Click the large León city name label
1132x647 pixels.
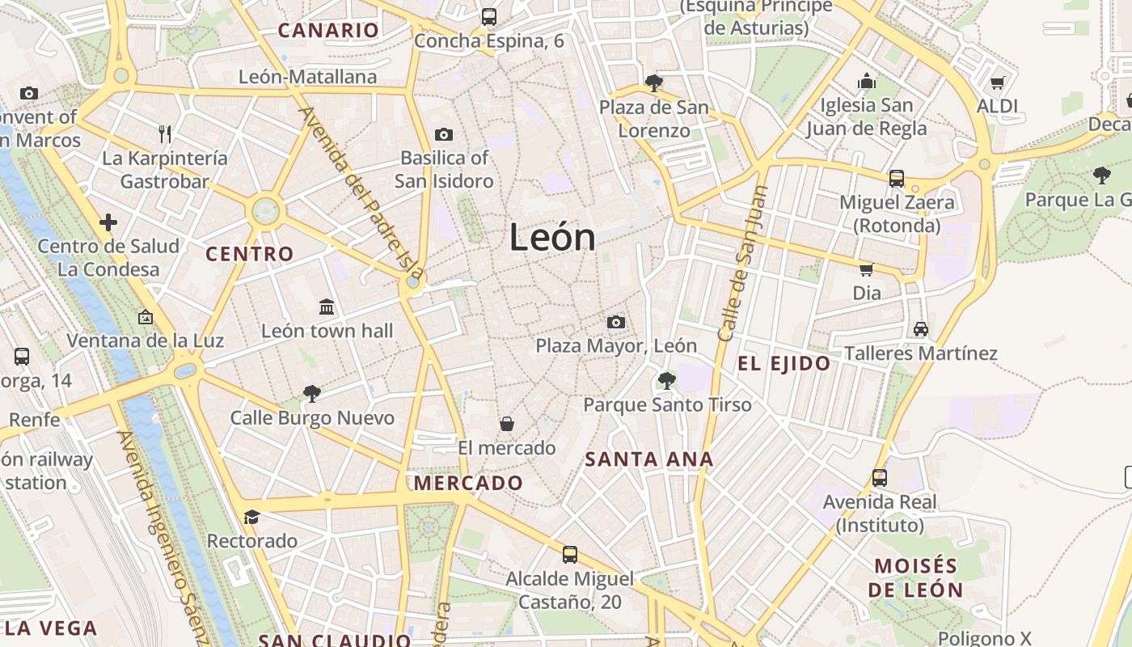click(553, 238)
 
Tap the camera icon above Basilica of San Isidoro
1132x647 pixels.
click(443, 134)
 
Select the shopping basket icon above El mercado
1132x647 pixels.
click(507, 423)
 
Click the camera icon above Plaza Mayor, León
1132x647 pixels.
click(616, 322)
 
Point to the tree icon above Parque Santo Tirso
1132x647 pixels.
click(667, 380)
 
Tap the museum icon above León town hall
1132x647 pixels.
click(327, 307)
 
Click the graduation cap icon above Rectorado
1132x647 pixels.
click(251, 517)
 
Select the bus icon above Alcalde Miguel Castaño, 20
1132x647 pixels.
click(570, 555)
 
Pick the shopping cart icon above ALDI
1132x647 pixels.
click(997, 82)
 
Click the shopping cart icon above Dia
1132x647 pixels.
click(866, 269)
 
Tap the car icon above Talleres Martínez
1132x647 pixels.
click(920, 329)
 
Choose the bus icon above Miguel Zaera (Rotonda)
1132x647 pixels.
click(896, 178)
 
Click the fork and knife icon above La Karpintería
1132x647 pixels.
click(165, 133)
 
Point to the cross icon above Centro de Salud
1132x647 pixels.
click(108, 222)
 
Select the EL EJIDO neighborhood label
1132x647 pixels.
click(784, 364)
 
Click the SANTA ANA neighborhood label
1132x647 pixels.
click(648, 459)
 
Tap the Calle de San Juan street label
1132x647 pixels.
click(741, 263)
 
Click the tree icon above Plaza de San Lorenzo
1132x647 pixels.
click(654, 82)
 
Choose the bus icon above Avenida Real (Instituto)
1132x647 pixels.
click(880, 478)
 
